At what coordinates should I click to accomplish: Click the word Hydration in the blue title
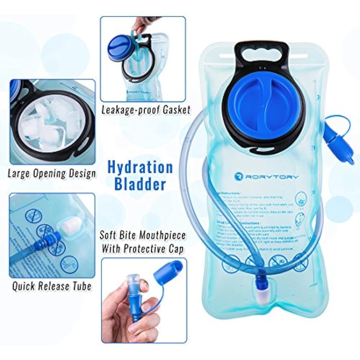click(140, 168)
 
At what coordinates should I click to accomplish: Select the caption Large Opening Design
click(52, 174)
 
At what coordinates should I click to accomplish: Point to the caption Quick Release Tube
click(51, 286)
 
